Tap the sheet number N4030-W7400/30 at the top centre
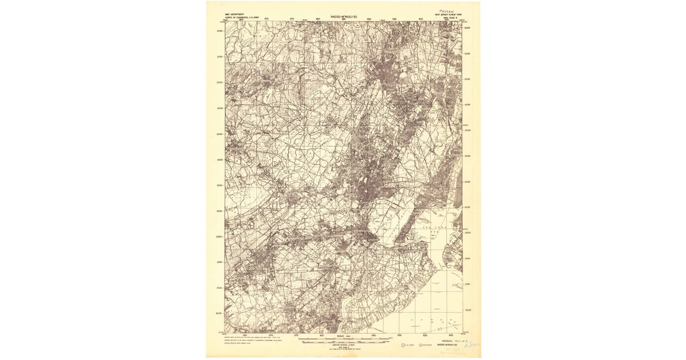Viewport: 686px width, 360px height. tap(344, 17)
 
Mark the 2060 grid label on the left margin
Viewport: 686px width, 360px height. tap(220, 31)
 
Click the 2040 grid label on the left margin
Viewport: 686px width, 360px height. tap(220, 134)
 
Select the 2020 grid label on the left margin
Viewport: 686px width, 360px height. tap(220, 237)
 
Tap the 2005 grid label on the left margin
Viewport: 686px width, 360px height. tap(220, 313)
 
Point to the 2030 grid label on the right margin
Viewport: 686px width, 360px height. tap(468, 182)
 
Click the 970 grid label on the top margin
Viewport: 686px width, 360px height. tap(266, 19)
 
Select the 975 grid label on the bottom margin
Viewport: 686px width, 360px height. tap(297, 335)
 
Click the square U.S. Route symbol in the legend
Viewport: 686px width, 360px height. tap(404, 345)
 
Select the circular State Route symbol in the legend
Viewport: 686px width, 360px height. tap(422, 345)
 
